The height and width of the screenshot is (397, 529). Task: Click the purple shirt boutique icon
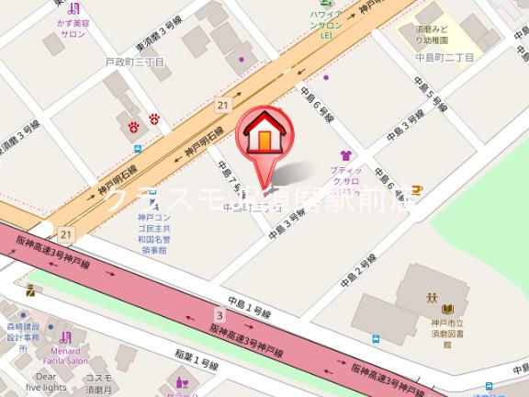click(x=345, y=155)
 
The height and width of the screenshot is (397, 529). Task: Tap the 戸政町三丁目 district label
click(x=134, y=62)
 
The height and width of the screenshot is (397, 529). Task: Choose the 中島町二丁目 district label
click(x=445, y=58)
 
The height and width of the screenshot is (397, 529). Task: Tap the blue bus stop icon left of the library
click(x=377, y=339)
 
